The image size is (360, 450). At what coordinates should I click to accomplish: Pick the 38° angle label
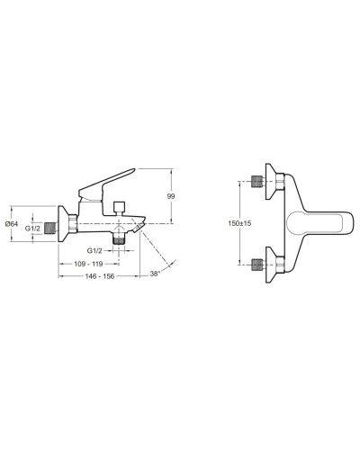pos(155,274)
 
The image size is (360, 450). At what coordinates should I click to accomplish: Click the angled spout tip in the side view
pos(137,229)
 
